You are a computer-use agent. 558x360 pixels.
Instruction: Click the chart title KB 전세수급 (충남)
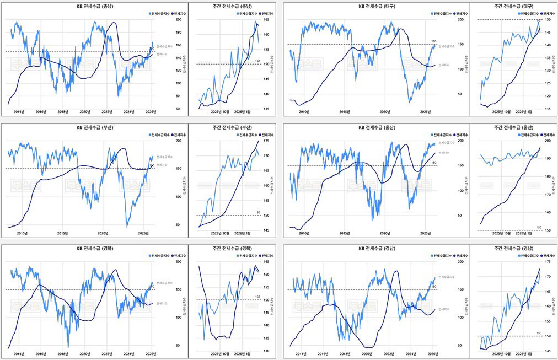(95, 6)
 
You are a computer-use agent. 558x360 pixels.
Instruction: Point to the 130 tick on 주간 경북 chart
(266, 351)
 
